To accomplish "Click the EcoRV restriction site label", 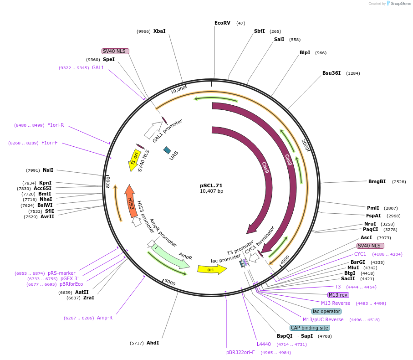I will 222,23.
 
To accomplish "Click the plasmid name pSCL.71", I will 211,185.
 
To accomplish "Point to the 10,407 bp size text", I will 211,191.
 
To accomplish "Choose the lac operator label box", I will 326,311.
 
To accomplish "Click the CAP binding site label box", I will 310,328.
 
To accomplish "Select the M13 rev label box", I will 338,295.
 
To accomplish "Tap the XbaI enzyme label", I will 159,31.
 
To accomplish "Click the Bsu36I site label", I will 331,73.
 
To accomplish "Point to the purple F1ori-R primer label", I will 56,125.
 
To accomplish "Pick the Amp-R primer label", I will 105,318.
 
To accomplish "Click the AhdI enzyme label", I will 153,343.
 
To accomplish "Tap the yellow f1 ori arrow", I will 134,160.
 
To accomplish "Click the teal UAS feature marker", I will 167,150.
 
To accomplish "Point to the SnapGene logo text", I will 398,4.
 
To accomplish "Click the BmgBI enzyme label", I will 377,181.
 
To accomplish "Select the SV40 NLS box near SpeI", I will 115,51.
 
